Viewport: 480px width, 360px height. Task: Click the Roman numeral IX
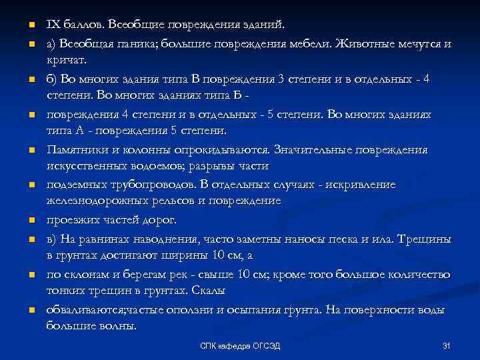pyautogui.click(x=53, y=25)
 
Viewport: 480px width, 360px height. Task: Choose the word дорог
pyautogui.click(x=161, y=219)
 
